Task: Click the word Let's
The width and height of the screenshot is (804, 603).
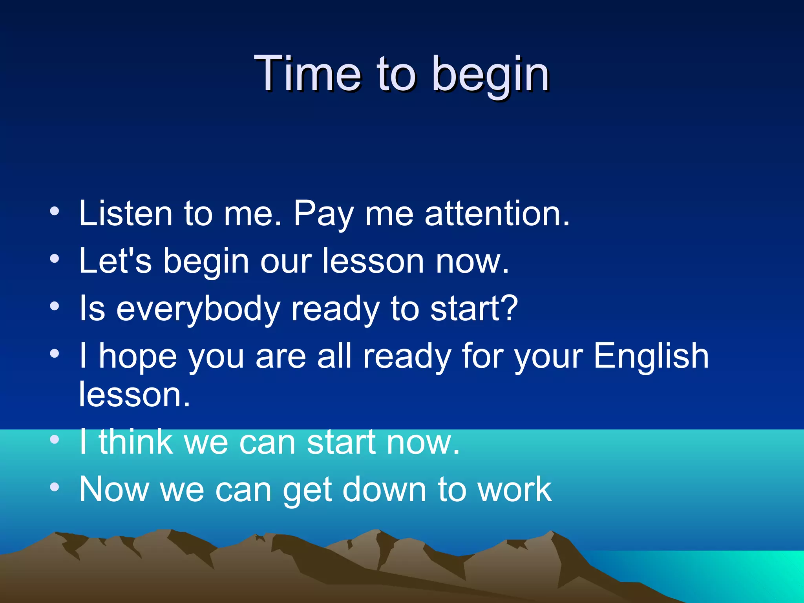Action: [x=115, y=261]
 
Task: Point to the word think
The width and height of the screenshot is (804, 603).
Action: [x=135, y=442]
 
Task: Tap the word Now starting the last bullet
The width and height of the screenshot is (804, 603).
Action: [x=114, y=489]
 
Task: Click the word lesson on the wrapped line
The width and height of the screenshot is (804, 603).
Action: [x=134, y=395]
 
